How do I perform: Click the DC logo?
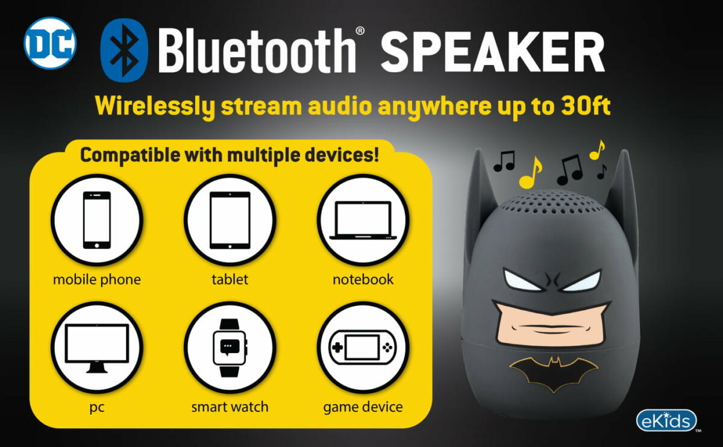[50, 43]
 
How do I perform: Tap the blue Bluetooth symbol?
[124, 50]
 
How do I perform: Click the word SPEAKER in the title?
[493, 52]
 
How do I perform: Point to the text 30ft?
[586, 105]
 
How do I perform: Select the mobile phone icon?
[97, 220]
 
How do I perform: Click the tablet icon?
[230, 220]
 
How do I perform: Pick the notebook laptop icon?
[363, 220]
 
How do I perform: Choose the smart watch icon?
[230, 348]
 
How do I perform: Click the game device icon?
[363, 347]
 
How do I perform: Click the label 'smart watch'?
[230, 407]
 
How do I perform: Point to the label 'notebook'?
[363, 279]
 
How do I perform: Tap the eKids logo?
[666, 420]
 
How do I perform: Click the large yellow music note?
[530, 174]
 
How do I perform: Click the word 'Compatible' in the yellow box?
[130, 155]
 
